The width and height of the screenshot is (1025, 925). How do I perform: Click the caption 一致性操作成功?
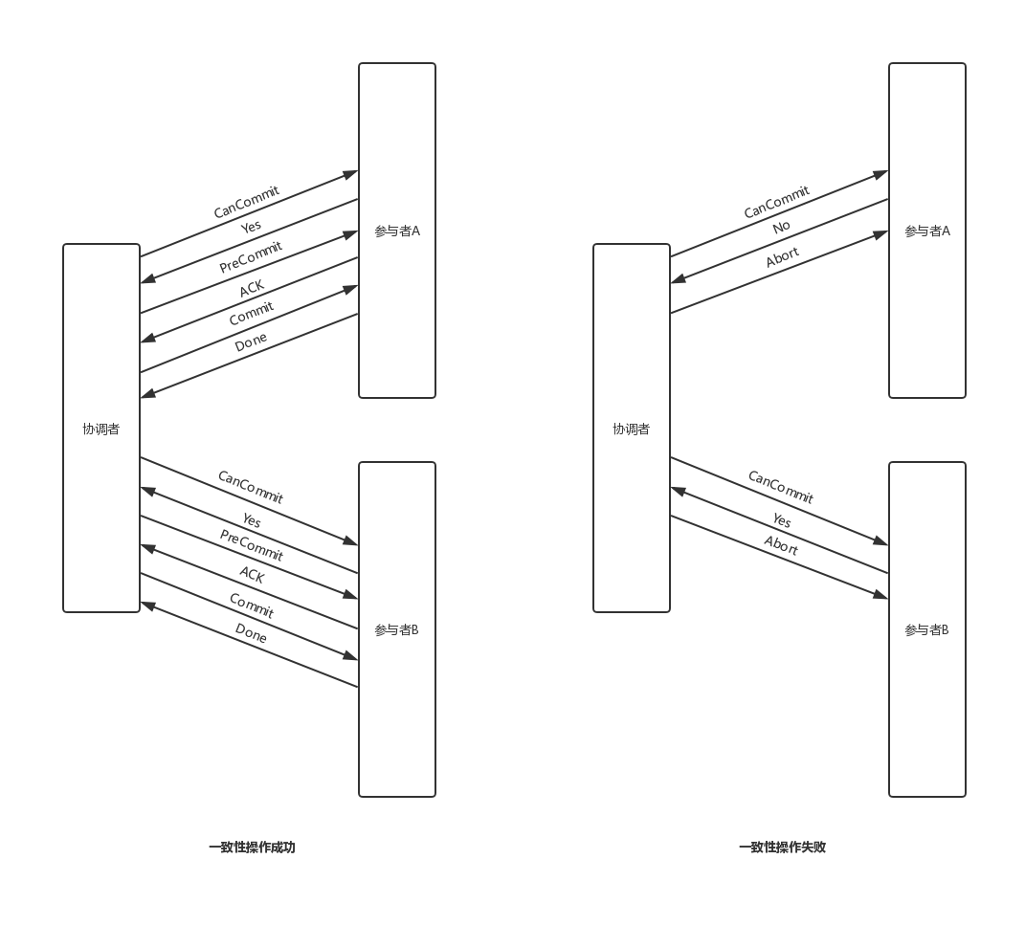pos(252,848)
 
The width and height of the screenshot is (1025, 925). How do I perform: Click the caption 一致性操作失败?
pos(782,848)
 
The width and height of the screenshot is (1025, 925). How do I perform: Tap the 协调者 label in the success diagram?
pos(101,429)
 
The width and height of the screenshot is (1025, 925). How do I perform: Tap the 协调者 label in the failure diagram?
pos(632,429)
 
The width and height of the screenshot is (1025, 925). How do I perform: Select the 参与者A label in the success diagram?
pos(397,231)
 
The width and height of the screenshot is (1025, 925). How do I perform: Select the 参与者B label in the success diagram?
pos(397,630)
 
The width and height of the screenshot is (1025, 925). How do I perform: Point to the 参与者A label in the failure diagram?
pos(927,231)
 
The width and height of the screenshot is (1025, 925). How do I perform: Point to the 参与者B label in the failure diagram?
pos(927,630)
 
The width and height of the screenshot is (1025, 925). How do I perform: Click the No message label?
pos(781,227)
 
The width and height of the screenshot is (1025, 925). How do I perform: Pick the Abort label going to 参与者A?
pos(782,257)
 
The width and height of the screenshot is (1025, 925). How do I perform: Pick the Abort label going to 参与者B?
pos(781,545)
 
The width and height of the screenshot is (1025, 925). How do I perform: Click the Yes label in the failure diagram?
pos(782,520)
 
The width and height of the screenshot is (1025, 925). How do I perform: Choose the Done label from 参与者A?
pos(251,341)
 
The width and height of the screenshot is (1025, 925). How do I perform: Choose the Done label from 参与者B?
pos(251,632)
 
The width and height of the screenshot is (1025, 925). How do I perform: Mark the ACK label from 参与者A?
pos(252,288)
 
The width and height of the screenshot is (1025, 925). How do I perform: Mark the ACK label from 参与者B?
pos(252,574)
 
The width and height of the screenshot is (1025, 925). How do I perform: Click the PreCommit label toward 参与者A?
pos(251,256)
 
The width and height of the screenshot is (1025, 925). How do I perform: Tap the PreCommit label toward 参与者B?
pos(251,545)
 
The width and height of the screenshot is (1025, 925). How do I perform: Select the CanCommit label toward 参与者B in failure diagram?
pos(780,487)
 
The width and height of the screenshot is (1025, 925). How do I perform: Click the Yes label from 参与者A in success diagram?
pos(251,227)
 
